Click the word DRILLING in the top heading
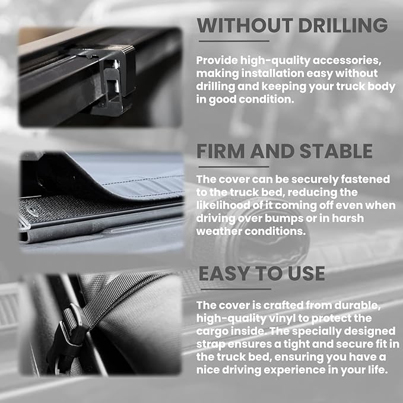pyautogui.click(x=343, y=25)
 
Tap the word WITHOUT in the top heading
pyautogui.click(x=245, y=25)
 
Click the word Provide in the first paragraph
pyautogui.click(x=217, y=61)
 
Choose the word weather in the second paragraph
pyautogui.click(x=219, y=231)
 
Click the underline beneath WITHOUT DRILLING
pyautogui.click(x=234, y=41)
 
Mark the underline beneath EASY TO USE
pyautogui.click(x=236, y=290)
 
